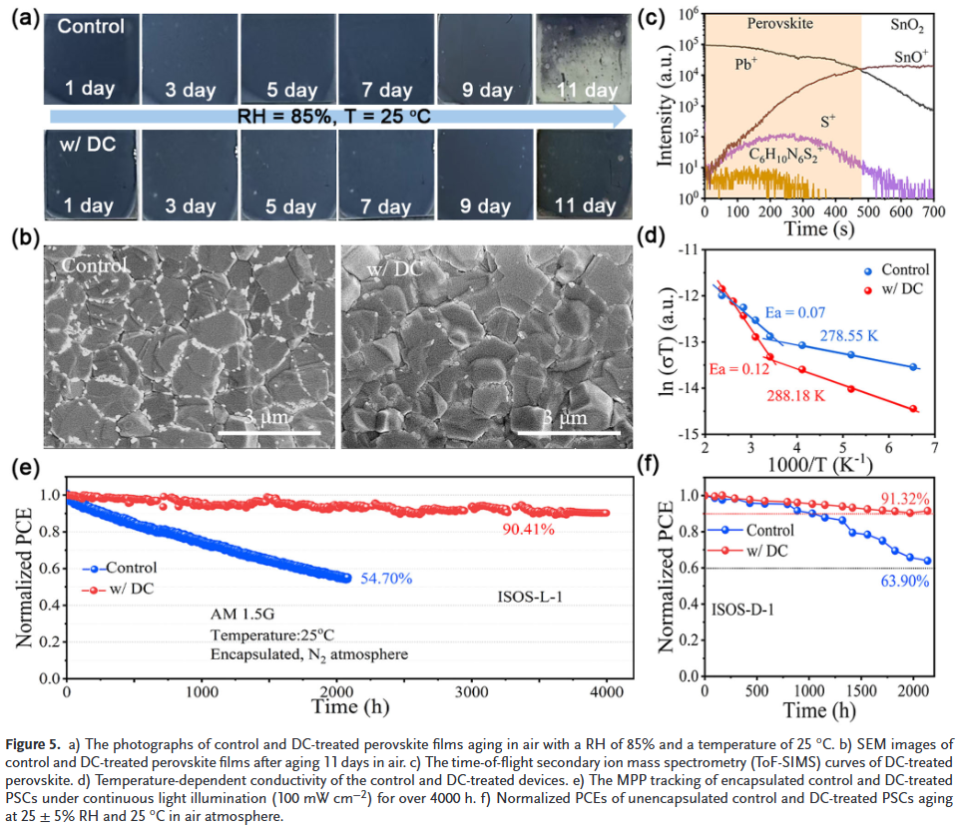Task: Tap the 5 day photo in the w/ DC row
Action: (x=286, y=176)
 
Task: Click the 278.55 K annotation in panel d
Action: (x=848, y=335)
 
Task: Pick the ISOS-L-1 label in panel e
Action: (x=531, y=599)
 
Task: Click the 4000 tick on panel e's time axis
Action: (x=607, y=692)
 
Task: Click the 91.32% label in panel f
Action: (x=904, y=498)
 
